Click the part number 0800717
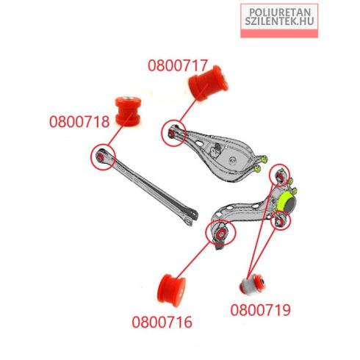click(178, 65)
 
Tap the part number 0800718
click(79, 122)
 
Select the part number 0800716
click(162, 322)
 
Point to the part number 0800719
click(260, 310)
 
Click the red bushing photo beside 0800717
click(209, 83)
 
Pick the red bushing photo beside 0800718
click(128, 111)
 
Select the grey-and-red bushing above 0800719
click(253, 284)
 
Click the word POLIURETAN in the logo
click(280, 12)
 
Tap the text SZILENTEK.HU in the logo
click(279, 21)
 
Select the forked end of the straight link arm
click(190, 217)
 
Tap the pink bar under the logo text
click(279, 33)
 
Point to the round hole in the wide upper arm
click(232, 160)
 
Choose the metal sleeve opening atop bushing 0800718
click(127, 98)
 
